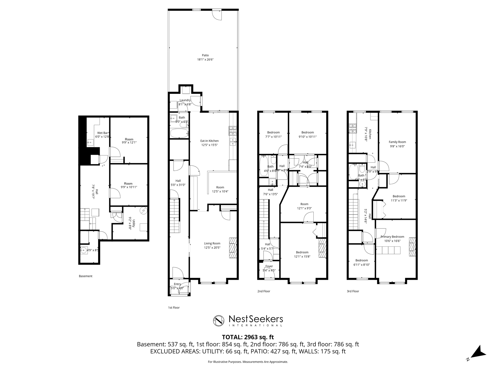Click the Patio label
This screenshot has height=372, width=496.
[205, 55]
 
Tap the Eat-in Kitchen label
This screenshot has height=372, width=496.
[210, 141]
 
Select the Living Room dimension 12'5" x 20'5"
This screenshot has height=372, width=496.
[212, 247]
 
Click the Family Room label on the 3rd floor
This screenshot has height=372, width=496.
[397, 142]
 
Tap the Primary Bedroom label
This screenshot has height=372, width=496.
[392, 237]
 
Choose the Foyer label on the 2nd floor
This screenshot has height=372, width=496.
[269, 266]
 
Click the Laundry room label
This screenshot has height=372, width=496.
[185, 100]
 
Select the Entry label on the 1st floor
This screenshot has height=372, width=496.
[177, 284]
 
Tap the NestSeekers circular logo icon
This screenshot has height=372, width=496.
[219, 321]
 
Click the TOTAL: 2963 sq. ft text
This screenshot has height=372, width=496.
[248, 337]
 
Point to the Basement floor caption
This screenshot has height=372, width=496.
[86, 276]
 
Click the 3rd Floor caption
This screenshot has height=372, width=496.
[353, 291]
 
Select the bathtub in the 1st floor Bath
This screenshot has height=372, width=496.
[179, 134]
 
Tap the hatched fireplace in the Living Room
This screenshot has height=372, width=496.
[233, 247]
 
